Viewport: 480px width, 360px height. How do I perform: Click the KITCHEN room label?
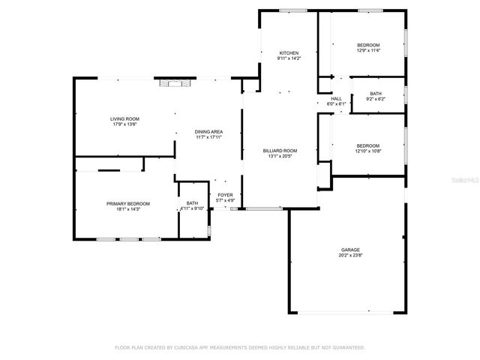pos(289,53)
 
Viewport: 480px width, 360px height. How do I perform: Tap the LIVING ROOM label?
pos(124,118)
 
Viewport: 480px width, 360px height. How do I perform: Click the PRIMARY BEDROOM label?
pos(127,203)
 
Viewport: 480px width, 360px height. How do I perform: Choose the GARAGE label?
pos(350,249)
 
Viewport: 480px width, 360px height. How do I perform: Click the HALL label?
pos(337,98)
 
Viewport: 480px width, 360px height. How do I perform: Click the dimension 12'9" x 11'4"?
pos(367,50)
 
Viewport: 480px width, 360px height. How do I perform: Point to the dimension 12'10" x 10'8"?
pos(367,151)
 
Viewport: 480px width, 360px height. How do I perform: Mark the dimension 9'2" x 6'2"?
pos(375,98)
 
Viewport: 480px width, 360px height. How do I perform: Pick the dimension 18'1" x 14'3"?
pos(127,208)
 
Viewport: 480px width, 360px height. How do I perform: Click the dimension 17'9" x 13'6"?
pos(124,124)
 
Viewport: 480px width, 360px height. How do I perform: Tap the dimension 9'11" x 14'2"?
pos(289,58)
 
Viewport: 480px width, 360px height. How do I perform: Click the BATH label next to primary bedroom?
pos(192,203)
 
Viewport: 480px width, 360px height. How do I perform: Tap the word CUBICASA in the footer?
pos(191,347)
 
